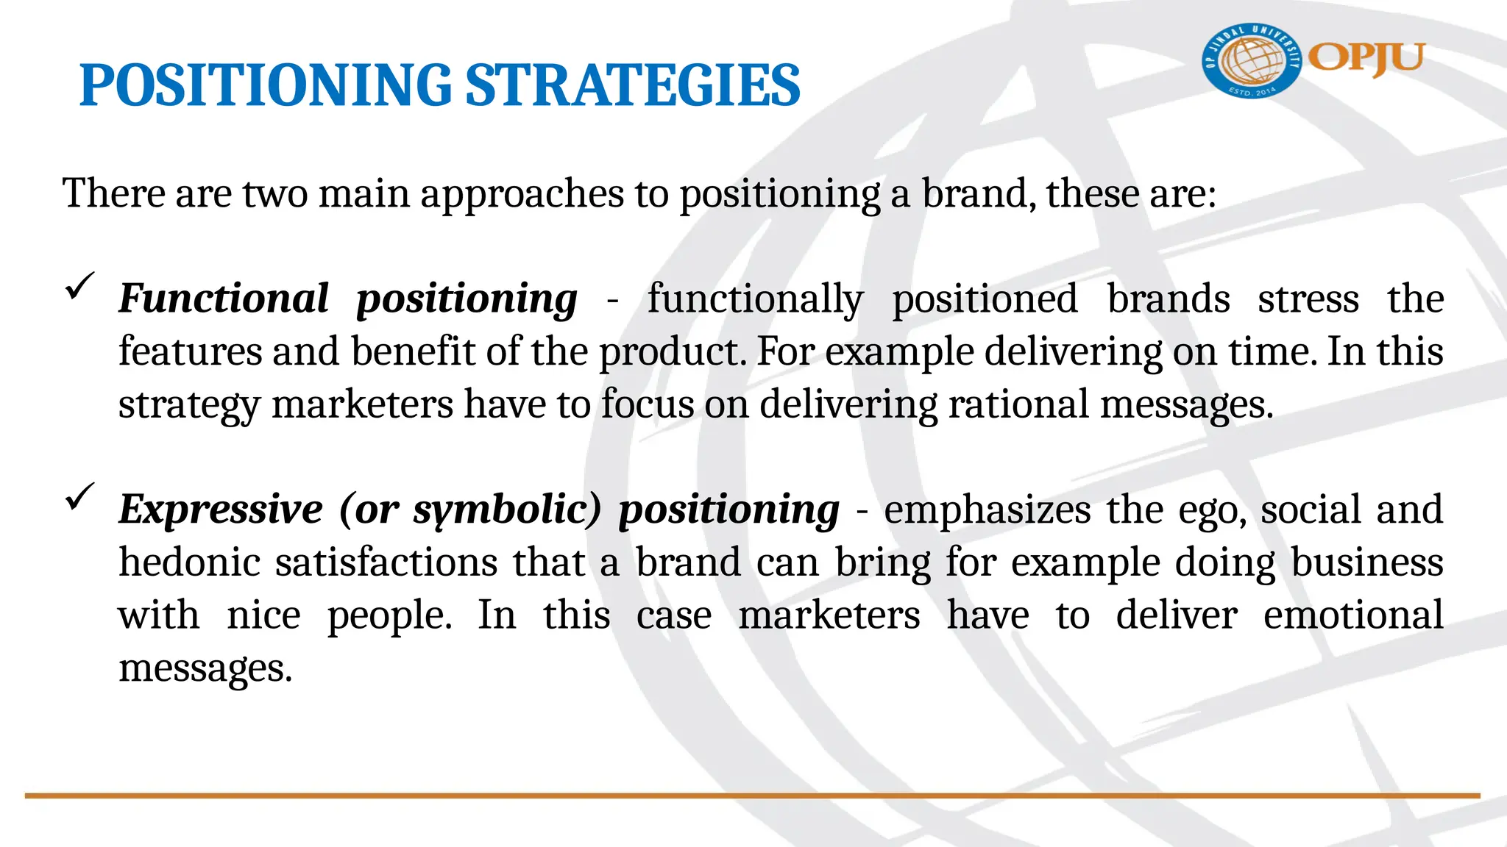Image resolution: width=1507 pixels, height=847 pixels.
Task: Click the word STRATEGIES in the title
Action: coord(633,85)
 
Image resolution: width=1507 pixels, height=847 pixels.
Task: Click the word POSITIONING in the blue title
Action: coord(265,85)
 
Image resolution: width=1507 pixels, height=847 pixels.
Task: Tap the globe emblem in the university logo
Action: coord(1252,61)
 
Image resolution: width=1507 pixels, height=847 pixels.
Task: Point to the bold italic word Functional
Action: coord(224,299)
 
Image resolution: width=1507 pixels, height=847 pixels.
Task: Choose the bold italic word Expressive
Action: coord(221,509)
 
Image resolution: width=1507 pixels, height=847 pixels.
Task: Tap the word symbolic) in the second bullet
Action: coord(508,509)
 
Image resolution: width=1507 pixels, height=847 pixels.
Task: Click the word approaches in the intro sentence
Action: coord(522,194)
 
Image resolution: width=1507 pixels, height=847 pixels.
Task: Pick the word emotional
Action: coord(1353,615)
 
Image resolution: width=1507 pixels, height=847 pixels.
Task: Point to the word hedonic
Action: coord(190,562)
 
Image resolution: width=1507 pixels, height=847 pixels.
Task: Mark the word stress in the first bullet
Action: coord(1308,299)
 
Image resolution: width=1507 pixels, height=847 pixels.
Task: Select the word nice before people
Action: coord(263,615)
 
